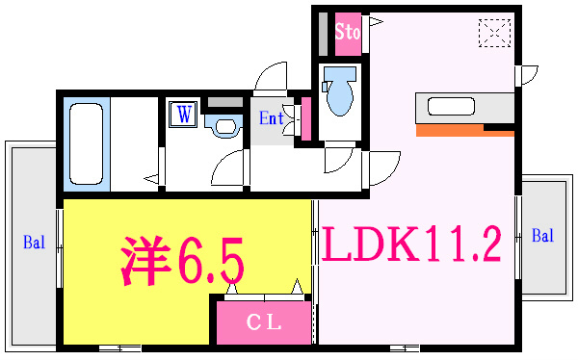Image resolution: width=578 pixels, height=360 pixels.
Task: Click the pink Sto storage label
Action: click(347, 32)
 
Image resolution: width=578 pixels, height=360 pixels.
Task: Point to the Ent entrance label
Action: click(271, 119)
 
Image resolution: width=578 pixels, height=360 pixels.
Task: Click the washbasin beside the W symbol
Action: click(226, 124)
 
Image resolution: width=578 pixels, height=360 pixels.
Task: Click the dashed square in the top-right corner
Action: click(493, 34)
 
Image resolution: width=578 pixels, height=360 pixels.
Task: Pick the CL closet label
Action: click(263, 323)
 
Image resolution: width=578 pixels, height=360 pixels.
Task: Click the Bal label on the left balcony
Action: click(33, 243)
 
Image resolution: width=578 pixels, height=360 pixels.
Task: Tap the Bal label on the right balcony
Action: click(542, 236)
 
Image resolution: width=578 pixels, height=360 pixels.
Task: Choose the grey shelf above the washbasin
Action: click(227, 101)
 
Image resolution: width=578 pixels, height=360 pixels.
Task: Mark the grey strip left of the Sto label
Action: click(324, 35)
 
